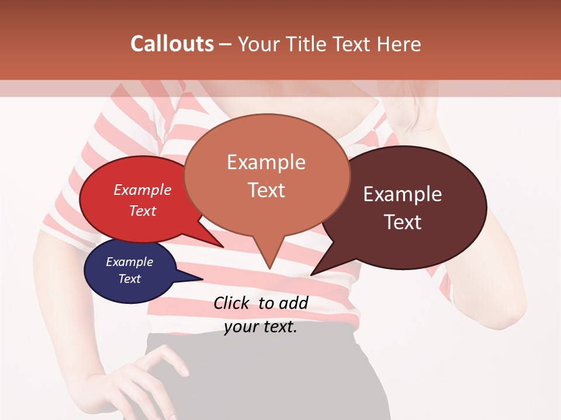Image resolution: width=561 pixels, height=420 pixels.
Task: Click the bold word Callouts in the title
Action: coord(172,44)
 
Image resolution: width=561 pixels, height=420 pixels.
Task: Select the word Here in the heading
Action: coord(398,44)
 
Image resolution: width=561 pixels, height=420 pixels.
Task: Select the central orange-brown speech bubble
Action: coord(266,175)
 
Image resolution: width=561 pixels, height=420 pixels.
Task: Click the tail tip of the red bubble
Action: coord(223,247)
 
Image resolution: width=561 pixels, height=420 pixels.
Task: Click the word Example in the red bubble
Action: coord(143,190)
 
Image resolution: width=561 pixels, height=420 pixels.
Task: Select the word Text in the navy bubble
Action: coord(130,279)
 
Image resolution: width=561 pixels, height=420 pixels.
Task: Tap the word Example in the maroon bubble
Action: coord(403,194)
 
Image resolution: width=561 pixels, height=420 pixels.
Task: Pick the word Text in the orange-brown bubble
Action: coord(266,190)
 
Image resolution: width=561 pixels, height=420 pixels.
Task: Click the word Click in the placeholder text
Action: coord(232,303)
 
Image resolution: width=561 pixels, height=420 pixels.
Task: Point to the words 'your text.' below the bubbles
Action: coord(261,327)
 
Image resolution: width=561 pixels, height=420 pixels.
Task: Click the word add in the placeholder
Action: coord(294,303)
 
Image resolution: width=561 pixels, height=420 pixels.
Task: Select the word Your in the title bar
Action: coord(258,44)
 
